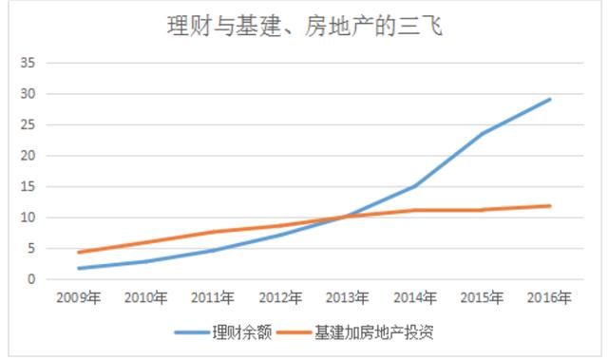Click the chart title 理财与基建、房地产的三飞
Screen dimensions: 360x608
(303, 27)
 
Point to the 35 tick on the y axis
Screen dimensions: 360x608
(28, 63)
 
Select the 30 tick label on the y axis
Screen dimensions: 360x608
(28, 94)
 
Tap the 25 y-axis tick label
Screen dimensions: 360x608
(28, 124)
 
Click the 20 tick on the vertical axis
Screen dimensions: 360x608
(28, 156)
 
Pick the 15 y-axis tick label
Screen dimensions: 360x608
(28, 186)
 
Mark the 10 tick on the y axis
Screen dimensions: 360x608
(28, 218)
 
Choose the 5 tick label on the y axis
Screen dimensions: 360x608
(31, 248)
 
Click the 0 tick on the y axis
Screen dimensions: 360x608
(31, 279)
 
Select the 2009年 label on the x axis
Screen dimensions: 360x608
(78, 298)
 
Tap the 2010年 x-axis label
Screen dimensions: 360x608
(145, 298)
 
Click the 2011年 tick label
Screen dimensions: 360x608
(213, 298)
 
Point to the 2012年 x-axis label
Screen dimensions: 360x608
(280, 298)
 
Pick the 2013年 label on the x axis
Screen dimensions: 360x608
(348, 298)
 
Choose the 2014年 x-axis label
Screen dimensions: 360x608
(415, 298)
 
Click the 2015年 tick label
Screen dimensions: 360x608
(483, 298)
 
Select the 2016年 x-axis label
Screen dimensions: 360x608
(550, 298)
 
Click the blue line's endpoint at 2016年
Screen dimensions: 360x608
(550, 99)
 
